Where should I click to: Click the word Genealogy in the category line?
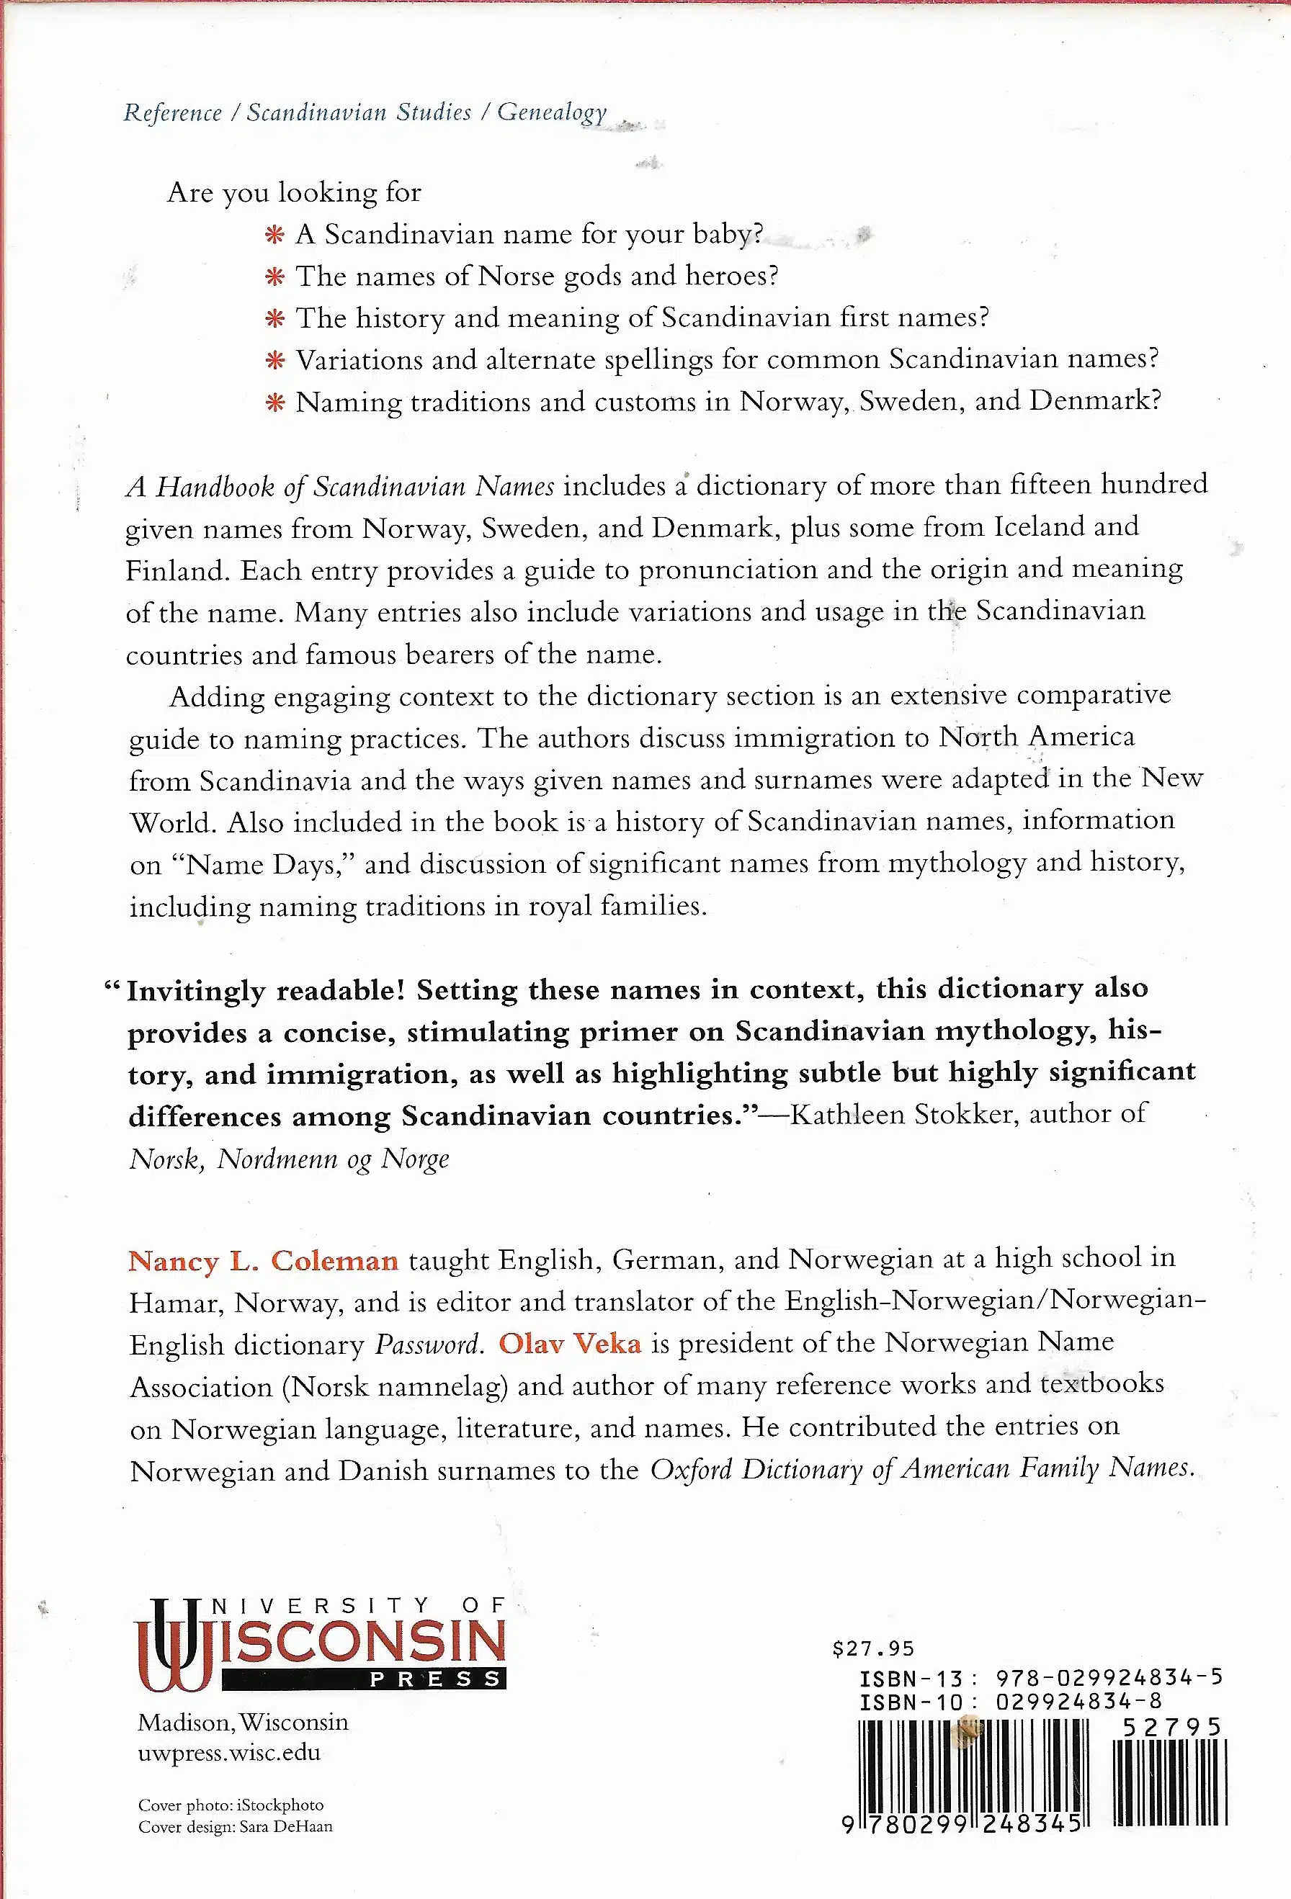[552, 112]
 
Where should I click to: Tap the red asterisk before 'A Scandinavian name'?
[274, 235]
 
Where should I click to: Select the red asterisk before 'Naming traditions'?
[274, 403]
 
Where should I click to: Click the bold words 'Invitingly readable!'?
[267, 990]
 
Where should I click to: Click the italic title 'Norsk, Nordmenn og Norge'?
[290, 1159]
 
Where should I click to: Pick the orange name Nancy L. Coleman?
[263, 1261]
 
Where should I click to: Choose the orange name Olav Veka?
[570, 1344]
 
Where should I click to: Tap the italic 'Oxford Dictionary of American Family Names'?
[921, 1469]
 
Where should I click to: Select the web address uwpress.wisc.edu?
[229, 1752]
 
